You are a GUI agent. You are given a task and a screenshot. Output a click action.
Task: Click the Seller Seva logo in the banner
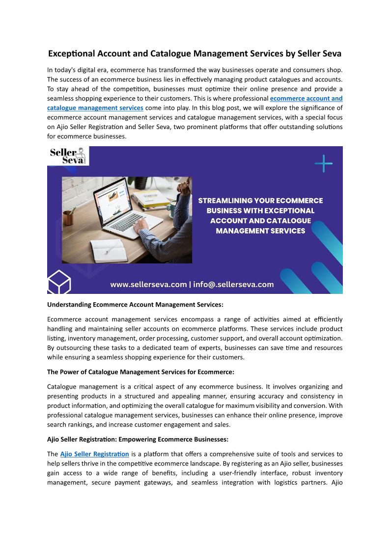point(68,156)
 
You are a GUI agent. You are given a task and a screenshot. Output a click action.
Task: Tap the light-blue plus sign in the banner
point(323,163)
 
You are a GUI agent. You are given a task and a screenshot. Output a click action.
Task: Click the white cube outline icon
point(59,281)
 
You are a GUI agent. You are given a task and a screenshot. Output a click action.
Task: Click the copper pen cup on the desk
point(68,217)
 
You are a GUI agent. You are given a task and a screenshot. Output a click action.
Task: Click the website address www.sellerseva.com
point(148,285)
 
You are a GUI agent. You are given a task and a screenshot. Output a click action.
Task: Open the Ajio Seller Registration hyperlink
point(94,454)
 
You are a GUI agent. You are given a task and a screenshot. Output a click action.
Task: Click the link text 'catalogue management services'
point(95,107)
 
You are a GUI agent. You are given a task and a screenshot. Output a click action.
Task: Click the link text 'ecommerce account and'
point(306,98)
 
